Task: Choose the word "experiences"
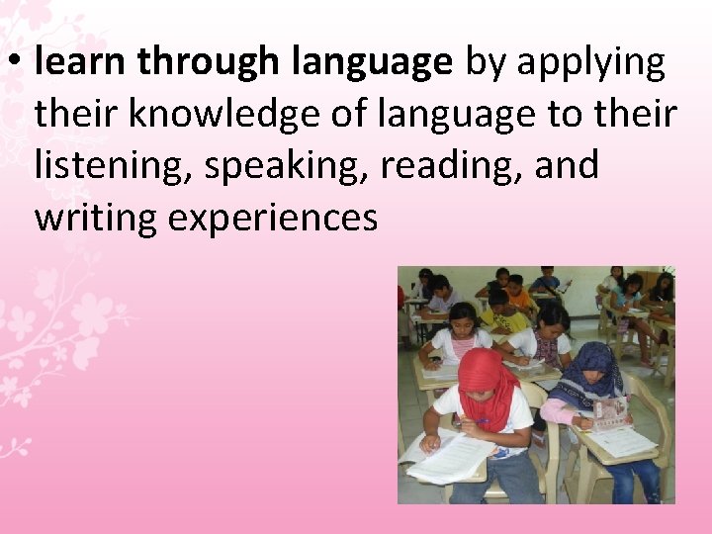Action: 273,218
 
